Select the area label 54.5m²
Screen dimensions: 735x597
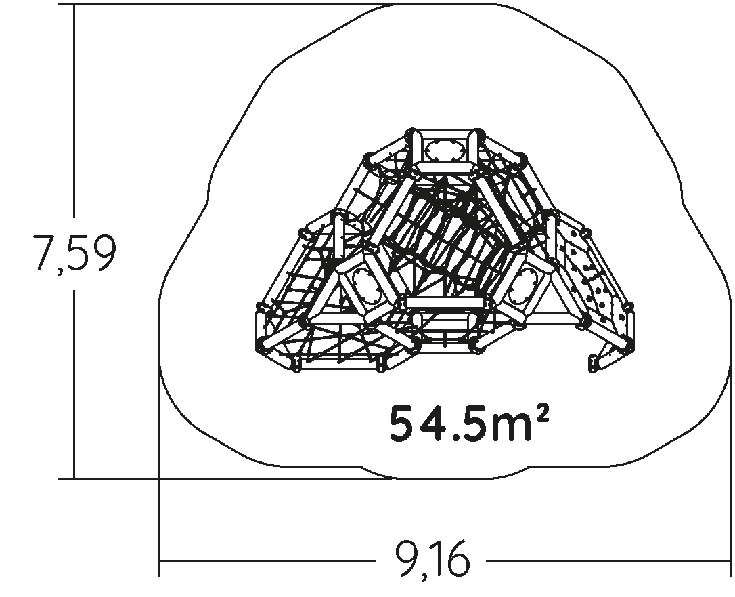tap(469, 423)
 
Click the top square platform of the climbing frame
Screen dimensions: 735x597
tap(445, 150)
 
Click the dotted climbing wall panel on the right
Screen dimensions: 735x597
tap(592, 277)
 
